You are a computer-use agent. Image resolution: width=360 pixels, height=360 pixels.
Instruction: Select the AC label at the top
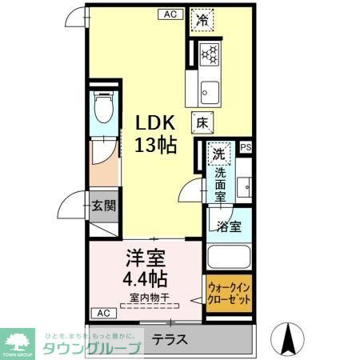coord(170,14)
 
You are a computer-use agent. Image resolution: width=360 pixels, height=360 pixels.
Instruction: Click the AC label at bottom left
coord(102,312)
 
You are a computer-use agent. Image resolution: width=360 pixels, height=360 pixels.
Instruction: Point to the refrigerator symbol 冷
coord(203,20)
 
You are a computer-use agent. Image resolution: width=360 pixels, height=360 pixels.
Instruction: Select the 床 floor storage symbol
coord(201,122)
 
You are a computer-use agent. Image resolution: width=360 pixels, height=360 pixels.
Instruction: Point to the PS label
coord(246,147)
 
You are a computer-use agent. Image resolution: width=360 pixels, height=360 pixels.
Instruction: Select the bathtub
coord(230,258)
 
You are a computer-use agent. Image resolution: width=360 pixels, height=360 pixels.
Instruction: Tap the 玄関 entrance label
coord(103,206)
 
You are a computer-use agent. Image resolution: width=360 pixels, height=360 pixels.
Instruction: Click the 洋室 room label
coord(145,259)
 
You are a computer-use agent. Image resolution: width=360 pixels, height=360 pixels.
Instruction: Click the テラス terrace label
coord(170,339)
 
